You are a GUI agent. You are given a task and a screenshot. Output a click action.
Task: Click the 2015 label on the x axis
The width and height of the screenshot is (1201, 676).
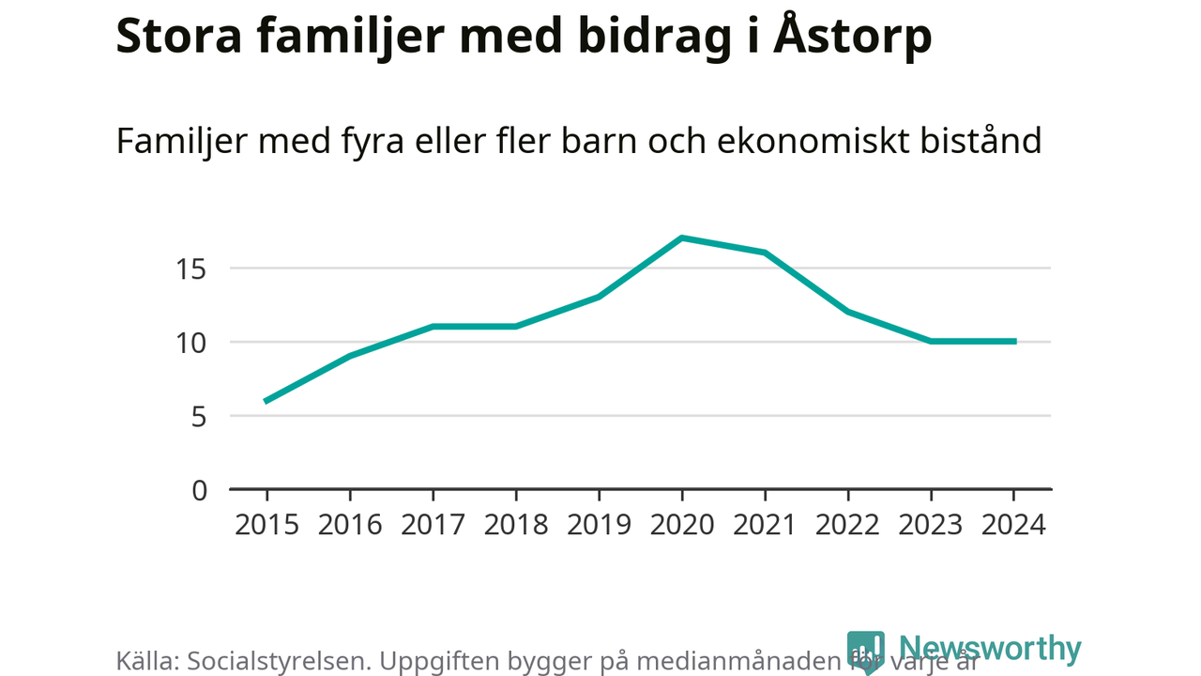click(x=266, y=524)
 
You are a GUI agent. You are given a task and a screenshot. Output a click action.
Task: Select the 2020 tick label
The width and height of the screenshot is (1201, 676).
click(x=682, y=524)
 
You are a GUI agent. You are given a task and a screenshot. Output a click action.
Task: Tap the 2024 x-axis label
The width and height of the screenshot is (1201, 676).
click(x=1013, y=524)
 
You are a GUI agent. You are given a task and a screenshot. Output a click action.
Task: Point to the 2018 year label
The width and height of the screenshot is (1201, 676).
click(x=516, y=524)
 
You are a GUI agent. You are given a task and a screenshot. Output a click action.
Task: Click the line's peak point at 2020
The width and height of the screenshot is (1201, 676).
click(x=682, y=238)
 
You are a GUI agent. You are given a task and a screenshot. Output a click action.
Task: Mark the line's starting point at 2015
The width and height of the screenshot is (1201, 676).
click(x=266, y=401)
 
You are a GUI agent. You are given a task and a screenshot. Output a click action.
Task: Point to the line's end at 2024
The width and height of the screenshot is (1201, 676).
click(x=1013, y=342)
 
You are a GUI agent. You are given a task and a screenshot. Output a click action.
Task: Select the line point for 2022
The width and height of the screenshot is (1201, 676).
click(x=848, y=312)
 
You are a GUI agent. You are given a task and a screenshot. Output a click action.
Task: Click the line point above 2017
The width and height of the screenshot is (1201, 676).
click(x=433, y=327)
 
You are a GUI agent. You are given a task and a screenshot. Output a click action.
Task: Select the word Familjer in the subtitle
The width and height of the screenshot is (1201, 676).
click(x=178, y=141)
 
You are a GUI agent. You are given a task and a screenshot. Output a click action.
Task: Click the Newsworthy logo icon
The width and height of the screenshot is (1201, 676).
click(x=865, y=651)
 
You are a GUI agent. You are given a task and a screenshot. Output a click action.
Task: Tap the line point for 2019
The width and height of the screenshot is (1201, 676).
click(x=599, y=297)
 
